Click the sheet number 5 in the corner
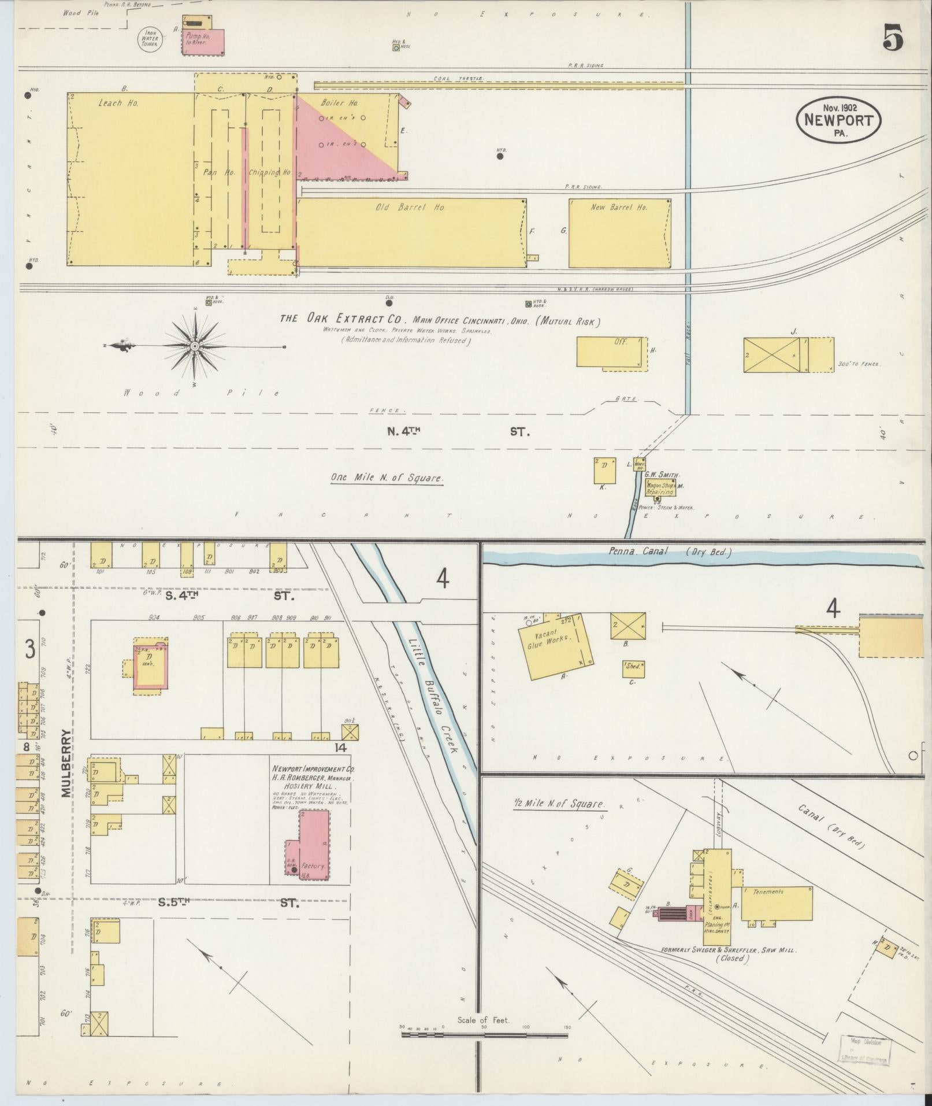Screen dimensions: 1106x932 892,39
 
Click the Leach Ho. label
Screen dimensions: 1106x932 117,103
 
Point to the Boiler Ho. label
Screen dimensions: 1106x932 339,103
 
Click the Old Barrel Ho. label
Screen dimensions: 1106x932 410,208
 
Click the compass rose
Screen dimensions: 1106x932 195,346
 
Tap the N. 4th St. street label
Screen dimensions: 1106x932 456,431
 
